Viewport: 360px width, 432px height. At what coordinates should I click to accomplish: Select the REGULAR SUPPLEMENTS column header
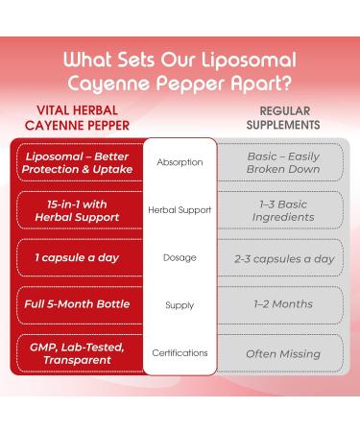[283, 116]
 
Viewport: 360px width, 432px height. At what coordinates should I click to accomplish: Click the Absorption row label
[180, 162]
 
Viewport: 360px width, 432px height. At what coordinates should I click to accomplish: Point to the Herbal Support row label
[180, 210]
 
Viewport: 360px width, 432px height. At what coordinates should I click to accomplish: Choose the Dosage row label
[180, 257]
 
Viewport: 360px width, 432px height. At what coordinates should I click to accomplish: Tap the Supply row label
[180, 305]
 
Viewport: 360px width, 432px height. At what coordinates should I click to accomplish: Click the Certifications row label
[180, 353]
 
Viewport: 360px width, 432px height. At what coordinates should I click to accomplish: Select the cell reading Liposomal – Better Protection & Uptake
[77, 162]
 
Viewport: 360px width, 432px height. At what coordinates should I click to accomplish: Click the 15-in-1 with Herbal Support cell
[77, 210]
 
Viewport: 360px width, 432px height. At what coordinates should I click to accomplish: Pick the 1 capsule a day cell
[77, 257]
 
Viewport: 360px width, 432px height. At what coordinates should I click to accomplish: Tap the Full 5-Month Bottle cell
[77, 305]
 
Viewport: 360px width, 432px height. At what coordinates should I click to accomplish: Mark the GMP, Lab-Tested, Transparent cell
[77, 353]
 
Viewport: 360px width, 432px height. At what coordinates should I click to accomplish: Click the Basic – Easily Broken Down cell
[283, 162]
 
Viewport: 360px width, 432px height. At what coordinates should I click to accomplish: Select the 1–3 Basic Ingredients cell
[283, 210]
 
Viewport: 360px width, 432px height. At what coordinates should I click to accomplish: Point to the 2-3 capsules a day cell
[283, 257]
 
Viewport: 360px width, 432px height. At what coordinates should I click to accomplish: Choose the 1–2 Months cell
[283, 305]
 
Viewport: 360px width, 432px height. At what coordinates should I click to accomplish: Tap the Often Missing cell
[283, 353]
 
